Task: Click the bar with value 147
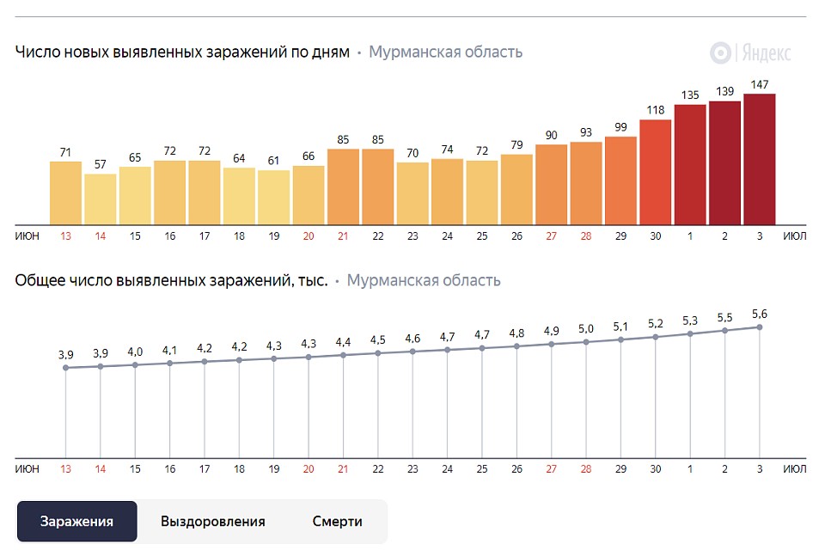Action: tap(760, 159)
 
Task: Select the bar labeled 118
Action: tap(656, 172)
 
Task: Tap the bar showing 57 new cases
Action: tap(101, 199)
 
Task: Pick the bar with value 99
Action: tap(620, 180)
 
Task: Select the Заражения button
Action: tap(77, 522)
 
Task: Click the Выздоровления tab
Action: tap(213, 522)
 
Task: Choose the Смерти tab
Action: tap(337, 522)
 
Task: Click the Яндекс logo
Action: tap(750, 52)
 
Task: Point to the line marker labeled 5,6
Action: tap(760, 327)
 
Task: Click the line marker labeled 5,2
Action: tap(656, 337)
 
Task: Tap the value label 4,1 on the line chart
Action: tap(170, 350)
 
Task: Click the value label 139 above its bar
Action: tap(724, 91)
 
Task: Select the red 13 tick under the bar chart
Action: tap(65, 235)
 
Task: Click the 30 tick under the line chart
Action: tap(656, 469)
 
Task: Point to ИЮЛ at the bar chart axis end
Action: tap(796, 235)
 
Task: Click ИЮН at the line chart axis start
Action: tap(27, 469)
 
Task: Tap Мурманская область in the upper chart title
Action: tap(445, 52)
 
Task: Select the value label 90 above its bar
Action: tap(552, 134)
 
